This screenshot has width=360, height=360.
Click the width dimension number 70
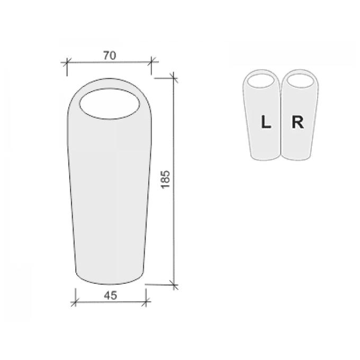(x=110, y=56)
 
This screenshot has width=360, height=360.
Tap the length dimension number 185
(x=165, y=179)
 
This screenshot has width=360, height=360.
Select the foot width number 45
(x=111, y=295)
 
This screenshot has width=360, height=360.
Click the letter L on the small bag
(x=266, y=122)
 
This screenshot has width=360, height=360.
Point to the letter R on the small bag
(x=298, y=122)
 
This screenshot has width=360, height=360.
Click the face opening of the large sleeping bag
(x=110, y=104)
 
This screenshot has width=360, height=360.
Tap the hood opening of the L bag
(x=261, y=81)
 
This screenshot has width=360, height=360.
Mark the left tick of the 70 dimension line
(x=67, y=62)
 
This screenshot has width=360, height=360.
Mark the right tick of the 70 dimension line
(x=151, y=61)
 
